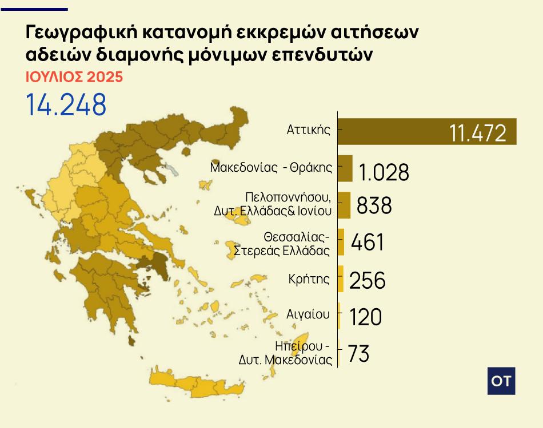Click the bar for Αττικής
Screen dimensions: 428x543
pos(427,131)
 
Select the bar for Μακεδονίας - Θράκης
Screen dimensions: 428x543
pos(345,168)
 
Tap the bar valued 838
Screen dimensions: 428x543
pos(344,205)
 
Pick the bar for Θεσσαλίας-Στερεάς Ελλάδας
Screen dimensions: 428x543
pos(341,242)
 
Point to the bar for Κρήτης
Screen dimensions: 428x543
pos(341,279)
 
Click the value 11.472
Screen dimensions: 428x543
pos(478,133)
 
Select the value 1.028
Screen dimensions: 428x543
pos(384,172)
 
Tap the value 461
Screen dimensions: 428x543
pos(368,242)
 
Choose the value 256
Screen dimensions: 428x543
pos(367,280)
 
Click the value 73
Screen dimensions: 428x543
pos(358,354)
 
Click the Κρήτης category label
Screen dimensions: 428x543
pos(310,279)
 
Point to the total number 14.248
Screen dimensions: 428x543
pos(66,104)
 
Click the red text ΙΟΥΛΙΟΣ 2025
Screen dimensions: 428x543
pos(74,76)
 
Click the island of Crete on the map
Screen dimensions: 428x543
pos(194,387)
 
